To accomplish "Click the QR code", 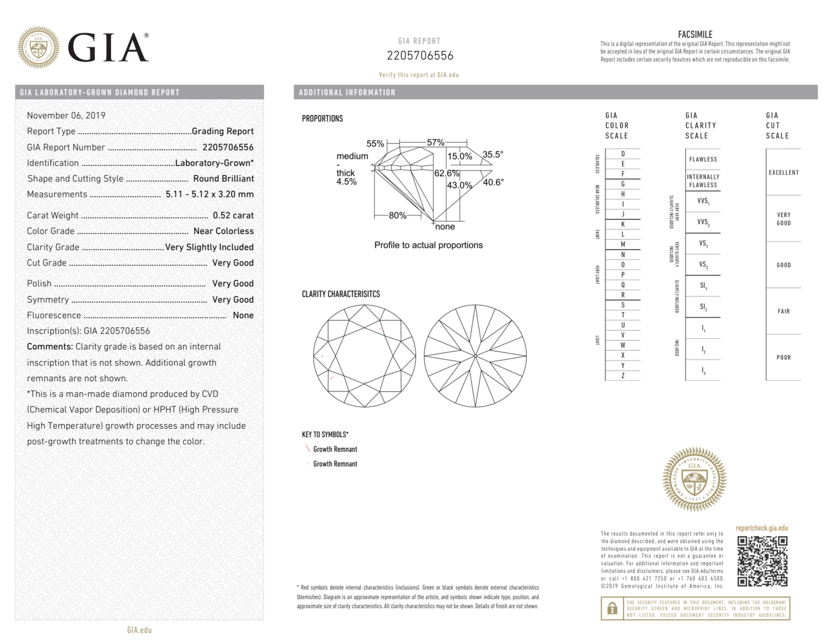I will coord(762,561).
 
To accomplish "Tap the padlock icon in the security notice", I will coord(612,608).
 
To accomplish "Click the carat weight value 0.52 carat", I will coord(233,215).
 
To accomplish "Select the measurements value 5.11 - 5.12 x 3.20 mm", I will coord(209,194).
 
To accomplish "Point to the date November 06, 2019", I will coord(66,116).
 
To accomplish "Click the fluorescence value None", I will coord(243,315).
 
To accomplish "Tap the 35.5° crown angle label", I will coord(492,154).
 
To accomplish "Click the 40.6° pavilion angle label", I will coord(493,182).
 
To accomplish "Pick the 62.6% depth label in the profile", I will coord(446,173).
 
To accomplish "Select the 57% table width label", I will coord(435,142).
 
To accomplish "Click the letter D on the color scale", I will coord(623,154).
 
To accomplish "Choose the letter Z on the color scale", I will coord(623,376).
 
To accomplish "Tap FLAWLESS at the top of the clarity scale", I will coord(703,159).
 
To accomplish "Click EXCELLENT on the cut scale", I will coord(783,173).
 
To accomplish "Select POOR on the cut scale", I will coord(783,357).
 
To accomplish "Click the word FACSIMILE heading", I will coord(695,35).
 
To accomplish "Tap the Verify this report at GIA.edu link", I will coord(419,75).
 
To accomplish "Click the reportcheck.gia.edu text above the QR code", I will coord(761,528).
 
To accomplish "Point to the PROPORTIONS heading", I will coord(322,119).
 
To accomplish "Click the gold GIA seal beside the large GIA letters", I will coord(38,47).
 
